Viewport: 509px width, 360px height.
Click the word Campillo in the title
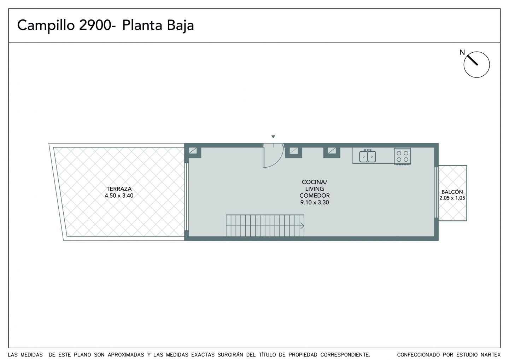tap(46, 26)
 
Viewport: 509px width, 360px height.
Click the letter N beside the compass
tap(462, 52)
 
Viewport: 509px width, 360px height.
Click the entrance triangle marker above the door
tap(273, 137)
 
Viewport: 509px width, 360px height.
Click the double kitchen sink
tap(368, 157)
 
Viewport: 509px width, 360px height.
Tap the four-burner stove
tap(402, 156)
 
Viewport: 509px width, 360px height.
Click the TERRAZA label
tap(119, 189)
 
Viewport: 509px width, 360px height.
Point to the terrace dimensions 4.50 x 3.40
tap(119, 196)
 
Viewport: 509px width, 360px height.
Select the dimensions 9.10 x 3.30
tap(315, 203)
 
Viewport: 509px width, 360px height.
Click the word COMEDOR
tap(315, 196)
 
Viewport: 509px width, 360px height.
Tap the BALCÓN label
tap(452, 192)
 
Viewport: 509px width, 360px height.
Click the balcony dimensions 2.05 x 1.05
tap(452, 198)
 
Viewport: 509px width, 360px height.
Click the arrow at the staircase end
tap(302, 226)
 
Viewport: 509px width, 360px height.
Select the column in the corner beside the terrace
tap(193, 152)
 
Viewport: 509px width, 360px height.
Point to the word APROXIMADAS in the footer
tap(126, 355)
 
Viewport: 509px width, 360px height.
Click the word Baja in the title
tap(180, 26)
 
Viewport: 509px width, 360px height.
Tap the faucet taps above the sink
tap(368, 150)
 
